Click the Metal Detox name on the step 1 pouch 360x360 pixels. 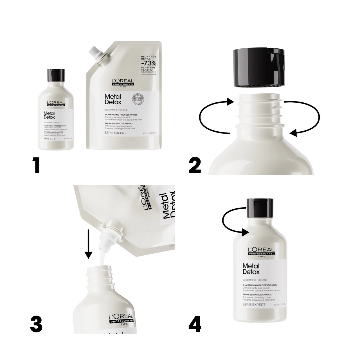[x=113, y=100]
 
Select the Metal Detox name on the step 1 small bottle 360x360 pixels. [x=49, y=115]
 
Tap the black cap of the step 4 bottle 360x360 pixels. [x=260, y=208]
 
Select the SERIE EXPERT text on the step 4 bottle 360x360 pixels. [x=254, y=305]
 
